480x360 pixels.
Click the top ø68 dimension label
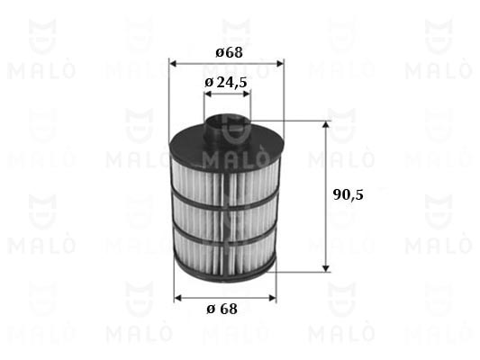click(x=230, y=52)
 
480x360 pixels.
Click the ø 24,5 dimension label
click(x=226, y=82)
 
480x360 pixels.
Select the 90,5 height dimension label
click(x=348, y=194)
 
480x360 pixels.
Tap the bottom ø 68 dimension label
click(x=222, y=309)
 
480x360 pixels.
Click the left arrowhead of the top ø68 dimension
click(x=173, y=64)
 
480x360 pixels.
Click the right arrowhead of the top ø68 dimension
click(x=280, y=64)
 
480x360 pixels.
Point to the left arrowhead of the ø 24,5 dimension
click(x=208, y=94)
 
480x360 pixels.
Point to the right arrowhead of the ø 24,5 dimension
click(x=247, y=94)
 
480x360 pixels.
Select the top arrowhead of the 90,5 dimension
click(x=326, y=124)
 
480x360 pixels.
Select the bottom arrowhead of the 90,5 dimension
click(x=326, y=268)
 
